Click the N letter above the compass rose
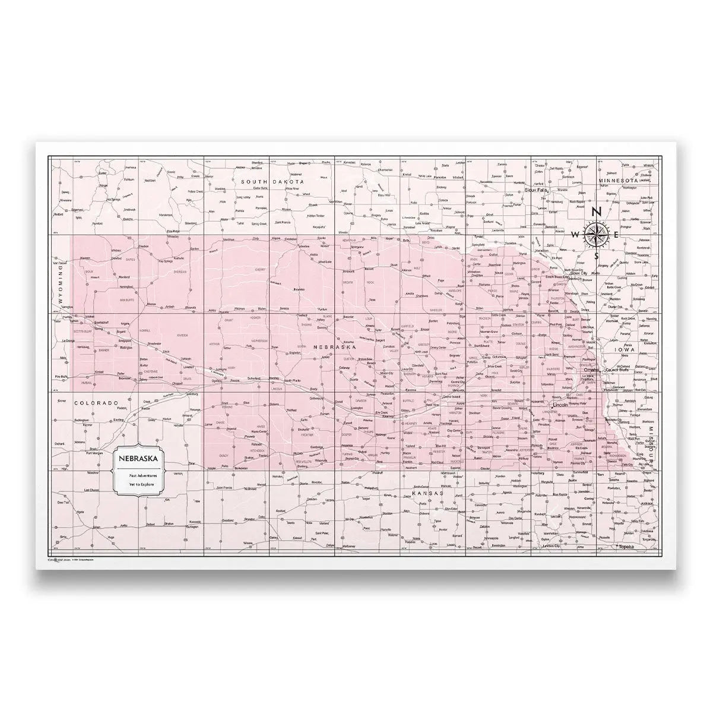coord(598,212)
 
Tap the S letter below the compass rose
coord(596,257)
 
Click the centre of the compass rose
coord(596,234)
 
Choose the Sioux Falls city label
coord(537,190)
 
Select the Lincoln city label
coord(560,405)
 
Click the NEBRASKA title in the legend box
coord(138,459)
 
